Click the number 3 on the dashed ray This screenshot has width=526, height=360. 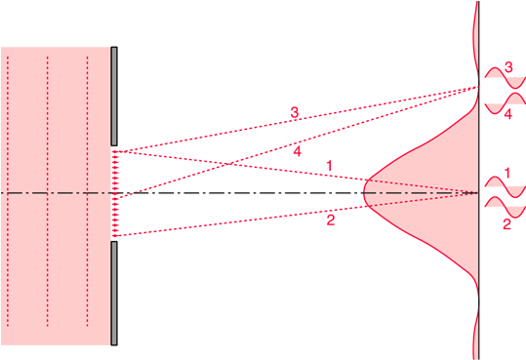[x=294, y=112]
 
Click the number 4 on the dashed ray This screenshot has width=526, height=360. [x=297, y=151]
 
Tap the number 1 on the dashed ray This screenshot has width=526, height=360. [x=330, y=166]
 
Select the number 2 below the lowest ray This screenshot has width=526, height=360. [x=331, y=220]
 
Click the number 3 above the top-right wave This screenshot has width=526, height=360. [x=507, y=68]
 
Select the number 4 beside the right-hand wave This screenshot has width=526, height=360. [x=507, y=114]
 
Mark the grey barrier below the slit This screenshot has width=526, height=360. [x=114, y=293]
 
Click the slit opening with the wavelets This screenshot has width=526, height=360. [x=115, y=193]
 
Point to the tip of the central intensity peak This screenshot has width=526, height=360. [x=365, y=192]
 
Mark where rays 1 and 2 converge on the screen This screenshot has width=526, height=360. [x=477, y=193]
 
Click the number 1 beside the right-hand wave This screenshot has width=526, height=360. [x=507, y=173]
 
